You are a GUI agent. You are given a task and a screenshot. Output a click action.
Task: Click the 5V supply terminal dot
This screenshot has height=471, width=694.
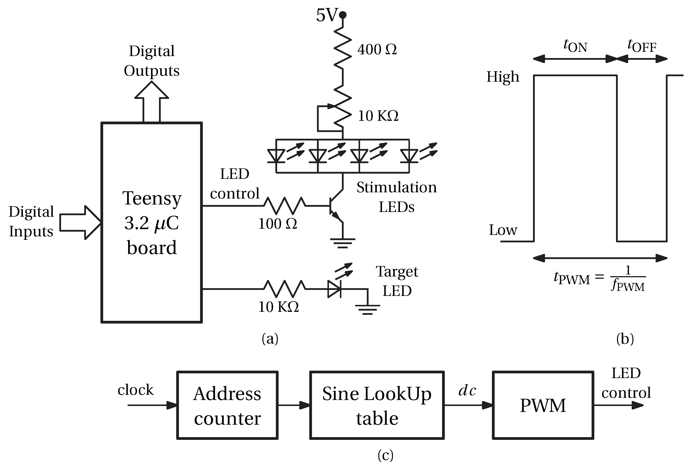(x=343, y=14)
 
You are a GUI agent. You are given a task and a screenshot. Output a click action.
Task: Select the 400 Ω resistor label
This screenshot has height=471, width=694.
(x=377, y=50)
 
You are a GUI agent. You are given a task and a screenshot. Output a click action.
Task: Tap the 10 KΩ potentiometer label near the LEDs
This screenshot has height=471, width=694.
(x=378, y=116)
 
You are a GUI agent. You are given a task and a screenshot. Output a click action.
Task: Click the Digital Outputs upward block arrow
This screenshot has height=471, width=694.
(x=152, y=101)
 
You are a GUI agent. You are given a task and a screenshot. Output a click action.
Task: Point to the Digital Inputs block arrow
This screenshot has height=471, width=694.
(x=80, y=223)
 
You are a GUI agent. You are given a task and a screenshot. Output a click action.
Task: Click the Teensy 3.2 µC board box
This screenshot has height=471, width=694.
(x=152, y=223)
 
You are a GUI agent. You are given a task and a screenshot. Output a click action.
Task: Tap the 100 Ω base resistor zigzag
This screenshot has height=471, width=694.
(x=284, y=206)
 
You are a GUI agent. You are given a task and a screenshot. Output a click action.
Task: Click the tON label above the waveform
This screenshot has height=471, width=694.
(x=575, y=46)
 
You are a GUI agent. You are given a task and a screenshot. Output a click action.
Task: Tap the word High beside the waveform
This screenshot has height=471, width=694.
(x=503, y=77)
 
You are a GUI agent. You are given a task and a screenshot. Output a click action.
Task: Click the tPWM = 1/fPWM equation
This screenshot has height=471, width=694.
(x=600, y=278)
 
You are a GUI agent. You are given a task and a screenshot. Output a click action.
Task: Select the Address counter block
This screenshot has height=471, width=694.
(x=227, y=405)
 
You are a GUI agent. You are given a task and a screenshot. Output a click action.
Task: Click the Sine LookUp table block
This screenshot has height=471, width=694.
(x=377, y=405)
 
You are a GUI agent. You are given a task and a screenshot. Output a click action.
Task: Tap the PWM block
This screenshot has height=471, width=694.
(x=543, y=405)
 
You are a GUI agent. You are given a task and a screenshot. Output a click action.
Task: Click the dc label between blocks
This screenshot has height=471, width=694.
(x=467, y=390)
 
